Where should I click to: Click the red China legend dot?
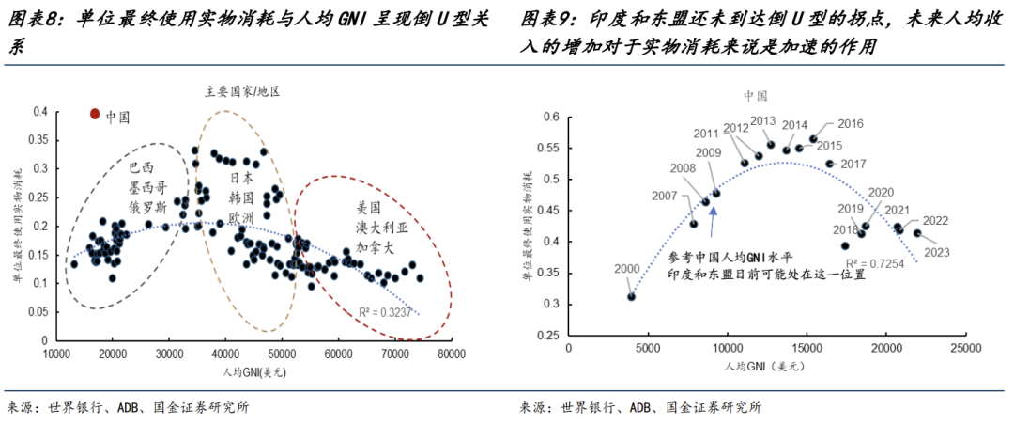click(x=94, y=114)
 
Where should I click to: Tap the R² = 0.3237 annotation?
click(x=385, y=310)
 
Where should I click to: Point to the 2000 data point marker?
click(x=632, y=297)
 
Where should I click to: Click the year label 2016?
click(x=850, y=124)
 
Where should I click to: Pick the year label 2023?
click(x=936, y=252)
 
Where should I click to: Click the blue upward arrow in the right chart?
click(x=714, y=218)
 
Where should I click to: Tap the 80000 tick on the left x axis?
click(x=452, y=354)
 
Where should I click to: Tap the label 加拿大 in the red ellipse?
click(x=374, y=243)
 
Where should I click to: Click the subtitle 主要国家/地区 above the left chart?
click(x=243, y=92)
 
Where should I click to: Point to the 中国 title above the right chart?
click(x=756, y=96)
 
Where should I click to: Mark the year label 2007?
click(x=664, y=197)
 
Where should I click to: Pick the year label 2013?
click(x=762, y=121)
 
